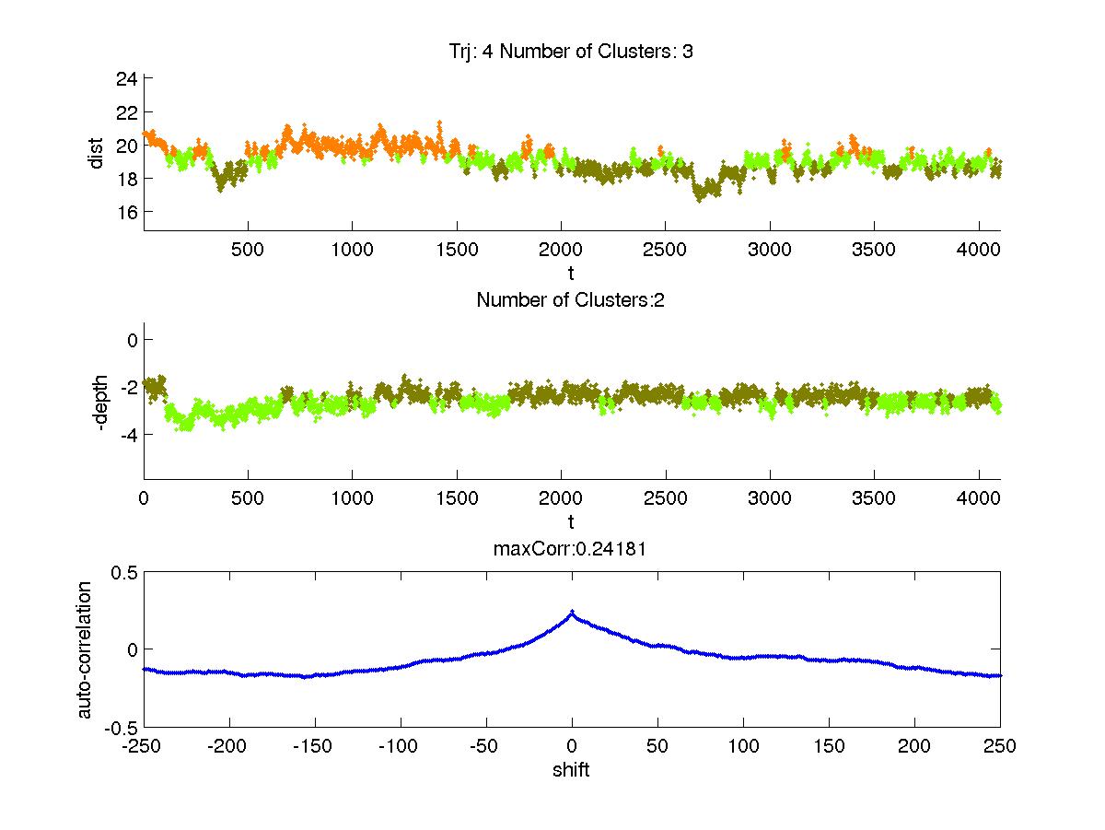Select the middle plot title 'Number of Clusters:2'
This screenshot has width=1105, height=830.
click(x=571, y=299)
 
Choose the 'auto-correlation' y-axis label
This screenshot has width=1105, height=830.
click(x=85, y=649)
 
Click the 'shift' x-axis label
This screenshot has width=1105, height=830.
click(x=571, y=770)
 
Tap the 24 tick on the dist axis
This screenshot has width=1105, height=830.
click(x=126, y=79)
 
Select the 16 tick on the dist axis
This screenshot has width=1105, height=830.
click(x=126, y=212)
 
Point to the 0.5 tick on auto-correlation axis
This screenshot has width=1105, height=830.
click(x=123, y=572)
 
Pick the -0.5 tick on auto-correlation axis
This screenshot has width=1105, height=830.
click(x=121, y=727)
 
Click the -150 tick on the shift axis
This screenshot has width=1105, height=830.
click(x=315, y=746)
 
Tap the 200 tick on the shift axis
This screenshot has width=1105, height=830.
click(x=914, y=746)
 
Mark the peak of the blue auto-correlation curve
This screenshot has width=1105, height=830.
click(x=572, y=612)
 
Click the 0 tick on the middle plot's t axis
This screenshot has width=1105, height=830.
click(x=145, y=498)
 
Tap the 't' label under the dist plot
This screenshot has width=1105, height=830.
click(x=571, y=274)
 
